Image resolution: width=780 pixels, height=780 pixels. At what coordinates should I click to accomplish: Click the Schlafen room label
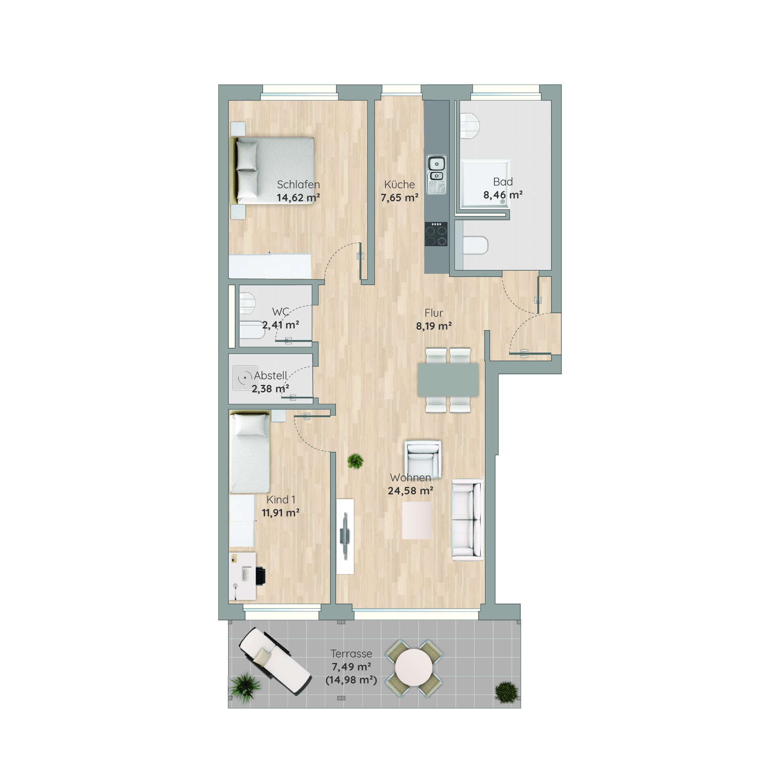click(x=298, y=184)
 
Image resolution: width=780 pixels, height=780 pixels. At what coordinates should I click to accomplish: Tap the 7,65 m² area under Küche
click(x=399, y=198)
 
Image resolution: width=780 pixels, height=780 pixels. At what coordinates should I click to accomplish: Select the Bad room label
click(x=503, y=182)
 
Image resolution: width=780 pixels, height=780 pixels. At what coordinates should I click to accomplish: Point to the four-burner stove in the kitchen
click(x=436, y=234)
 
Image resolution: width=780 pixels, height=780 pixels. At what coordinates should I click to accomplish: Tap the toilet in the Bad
click(x=475, y=245)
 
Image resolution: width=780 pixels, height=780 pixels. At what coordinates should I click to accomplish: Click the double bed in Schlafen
click(x=272, y=170)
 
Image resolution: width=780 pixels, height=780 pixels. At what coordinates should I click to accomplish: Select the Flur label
click(x=434, y=313)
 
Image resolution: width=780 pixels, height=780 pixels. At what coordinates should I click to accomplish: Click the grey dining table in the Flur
click(x=448, y=380)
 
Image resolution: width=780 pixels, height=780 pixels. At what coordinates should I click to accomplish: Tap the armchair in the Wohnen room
click(x=423, y=459)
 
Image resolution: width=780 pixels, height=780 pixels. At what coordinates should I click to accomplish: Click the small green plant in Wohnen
click(x=355, y=461)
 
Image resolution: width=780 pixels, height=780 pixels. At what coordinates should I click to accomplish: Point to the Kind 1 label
click(x=281, y=500)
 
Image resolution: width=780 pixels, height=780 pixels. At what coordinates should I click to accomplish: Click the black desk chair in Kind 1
click(x=260, y=576)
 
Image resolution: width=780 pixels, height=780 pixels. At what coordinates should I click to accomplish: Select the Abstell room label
click(x=271, y=376)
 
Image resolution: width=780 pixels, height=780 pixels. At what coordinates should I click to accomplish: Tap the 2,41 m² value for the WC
click(x=280, y=325)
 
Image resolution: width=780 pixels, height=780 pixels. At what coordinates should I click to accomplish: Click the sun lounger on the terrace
click(x=275, y=661)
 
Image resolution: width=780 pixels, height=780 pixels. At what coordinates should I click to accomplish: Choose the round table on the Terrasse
click(x=414, y=668)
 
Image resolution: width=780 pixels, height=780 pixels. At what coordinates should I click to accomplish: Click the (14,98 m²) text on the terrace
click(x=351, y=680)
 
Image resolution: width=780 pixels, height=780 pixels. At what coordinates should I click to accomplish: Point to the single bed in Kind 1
click(x=249, y=452)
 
